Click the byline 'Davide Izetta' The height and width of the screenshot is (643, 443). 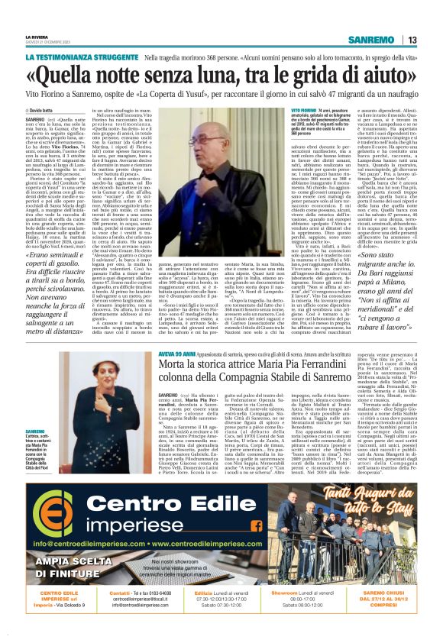click(x=41, y=111)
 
